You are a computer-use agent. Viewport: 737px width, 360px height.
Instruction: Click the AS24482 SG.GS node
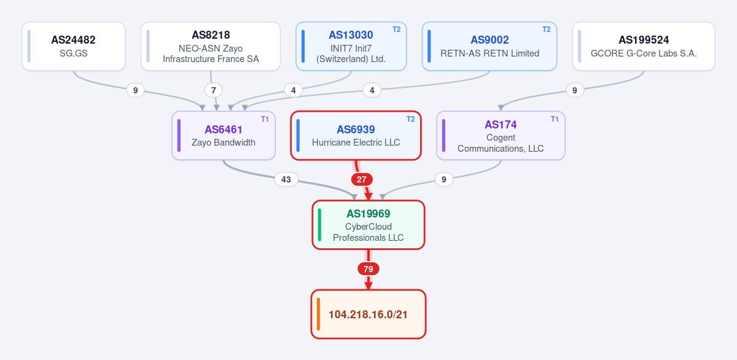[x=74, y=46]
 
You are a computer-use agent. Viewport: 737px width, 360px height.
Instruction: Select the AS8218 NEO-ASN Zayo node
[x=211, y=46]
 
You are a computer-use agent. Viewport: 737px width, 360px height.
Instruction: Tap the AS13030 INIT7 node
[x=351, y=46]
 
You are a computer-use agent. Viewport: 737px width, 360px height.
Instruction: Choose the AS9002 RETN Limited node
[x=489, y=46]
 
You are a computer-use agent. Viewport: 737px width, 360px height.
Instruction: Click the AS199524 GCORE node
[x=644, y=46]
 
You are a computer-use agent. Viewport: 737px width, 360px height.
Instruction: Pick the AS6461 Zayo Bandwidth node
[x=224, y=136]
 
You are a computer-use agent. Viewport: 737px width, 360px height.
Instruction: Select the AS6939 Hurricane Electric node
[x=356, y=136]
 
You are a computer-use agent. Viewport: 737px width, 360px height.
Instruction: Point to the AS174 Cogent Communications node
[x=501, y=136]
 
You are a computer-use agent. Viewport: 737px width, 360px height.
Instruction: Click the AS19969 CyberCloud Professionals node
[x=368, y=225]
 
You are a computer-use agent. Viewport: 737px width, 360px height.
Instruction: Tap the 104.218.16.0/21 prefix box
[x=368, y=315]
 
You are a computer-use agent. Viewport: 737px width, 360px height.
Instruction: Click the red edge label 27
[x=362, y=179]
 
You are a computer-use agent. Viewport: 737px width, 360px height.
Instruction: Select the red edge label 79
[x=368, y=269]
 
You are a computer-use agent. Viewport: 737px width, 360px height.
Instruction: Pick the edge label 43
[x=286, y=179]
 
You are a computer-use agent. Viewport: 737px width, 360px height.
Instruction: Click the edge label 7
[x=214, y=90]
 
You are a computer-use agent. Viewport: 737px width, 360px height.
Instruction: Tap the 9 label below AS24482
[x=135, y=90]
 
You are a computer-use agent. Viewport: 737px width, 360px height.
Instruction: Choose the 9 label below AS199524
[x=575, y=90]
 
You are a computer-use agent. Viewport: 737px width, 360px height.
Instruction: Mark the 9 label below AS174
[x=444, y=179]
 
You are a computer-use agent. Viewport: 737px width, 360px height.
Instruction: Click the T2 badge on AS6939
[x=411, y=119]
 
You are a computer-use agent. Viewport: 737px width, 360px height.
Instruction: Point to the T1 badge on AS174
[x=555, y=119]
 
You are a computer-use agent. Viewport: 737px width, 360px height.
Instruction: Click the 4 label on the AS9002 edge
[x=372, y=90]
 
